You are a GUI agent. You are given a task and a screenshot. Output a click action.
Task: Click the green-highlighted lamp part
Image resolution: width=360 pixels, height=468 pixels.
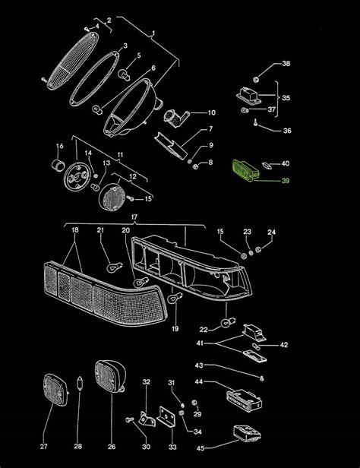coord(245,170)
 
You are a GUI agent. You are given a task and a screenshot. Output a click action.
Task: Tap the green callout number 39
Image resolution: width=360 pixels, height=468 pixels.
coord(286,181)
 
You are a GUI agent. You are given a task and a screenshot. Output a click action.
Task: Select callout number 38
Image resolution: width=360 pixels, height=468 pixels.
coord(286,63)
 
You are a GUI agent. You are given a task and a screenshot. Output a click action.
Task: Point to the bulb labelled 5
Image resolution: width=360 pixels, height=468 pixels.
coord(125,74)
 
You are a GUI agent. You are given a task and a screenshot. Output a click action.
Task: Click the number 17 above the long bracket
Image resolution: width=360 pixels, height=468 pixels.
coord(134,217)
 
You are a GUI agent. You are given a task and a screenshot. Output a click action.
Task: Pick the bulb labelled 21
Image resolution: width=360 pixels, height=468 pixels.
coord(115,267)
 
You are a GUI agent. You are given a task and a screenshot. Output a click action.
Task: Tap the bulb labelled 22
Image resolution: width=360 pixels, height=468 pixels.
coord(228,322)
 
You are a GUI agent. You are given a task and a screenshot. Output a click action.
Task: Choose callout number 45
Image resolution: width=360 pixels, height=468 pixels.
coord(201,448)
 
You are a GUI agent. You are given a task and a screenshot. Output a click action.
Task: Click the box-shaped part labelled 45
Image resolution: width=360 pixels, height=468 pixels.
coord(246,433)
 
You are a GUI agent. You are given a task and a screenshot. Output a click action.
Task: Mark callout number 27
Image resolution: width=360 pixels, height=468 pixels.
coord(43,447)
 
